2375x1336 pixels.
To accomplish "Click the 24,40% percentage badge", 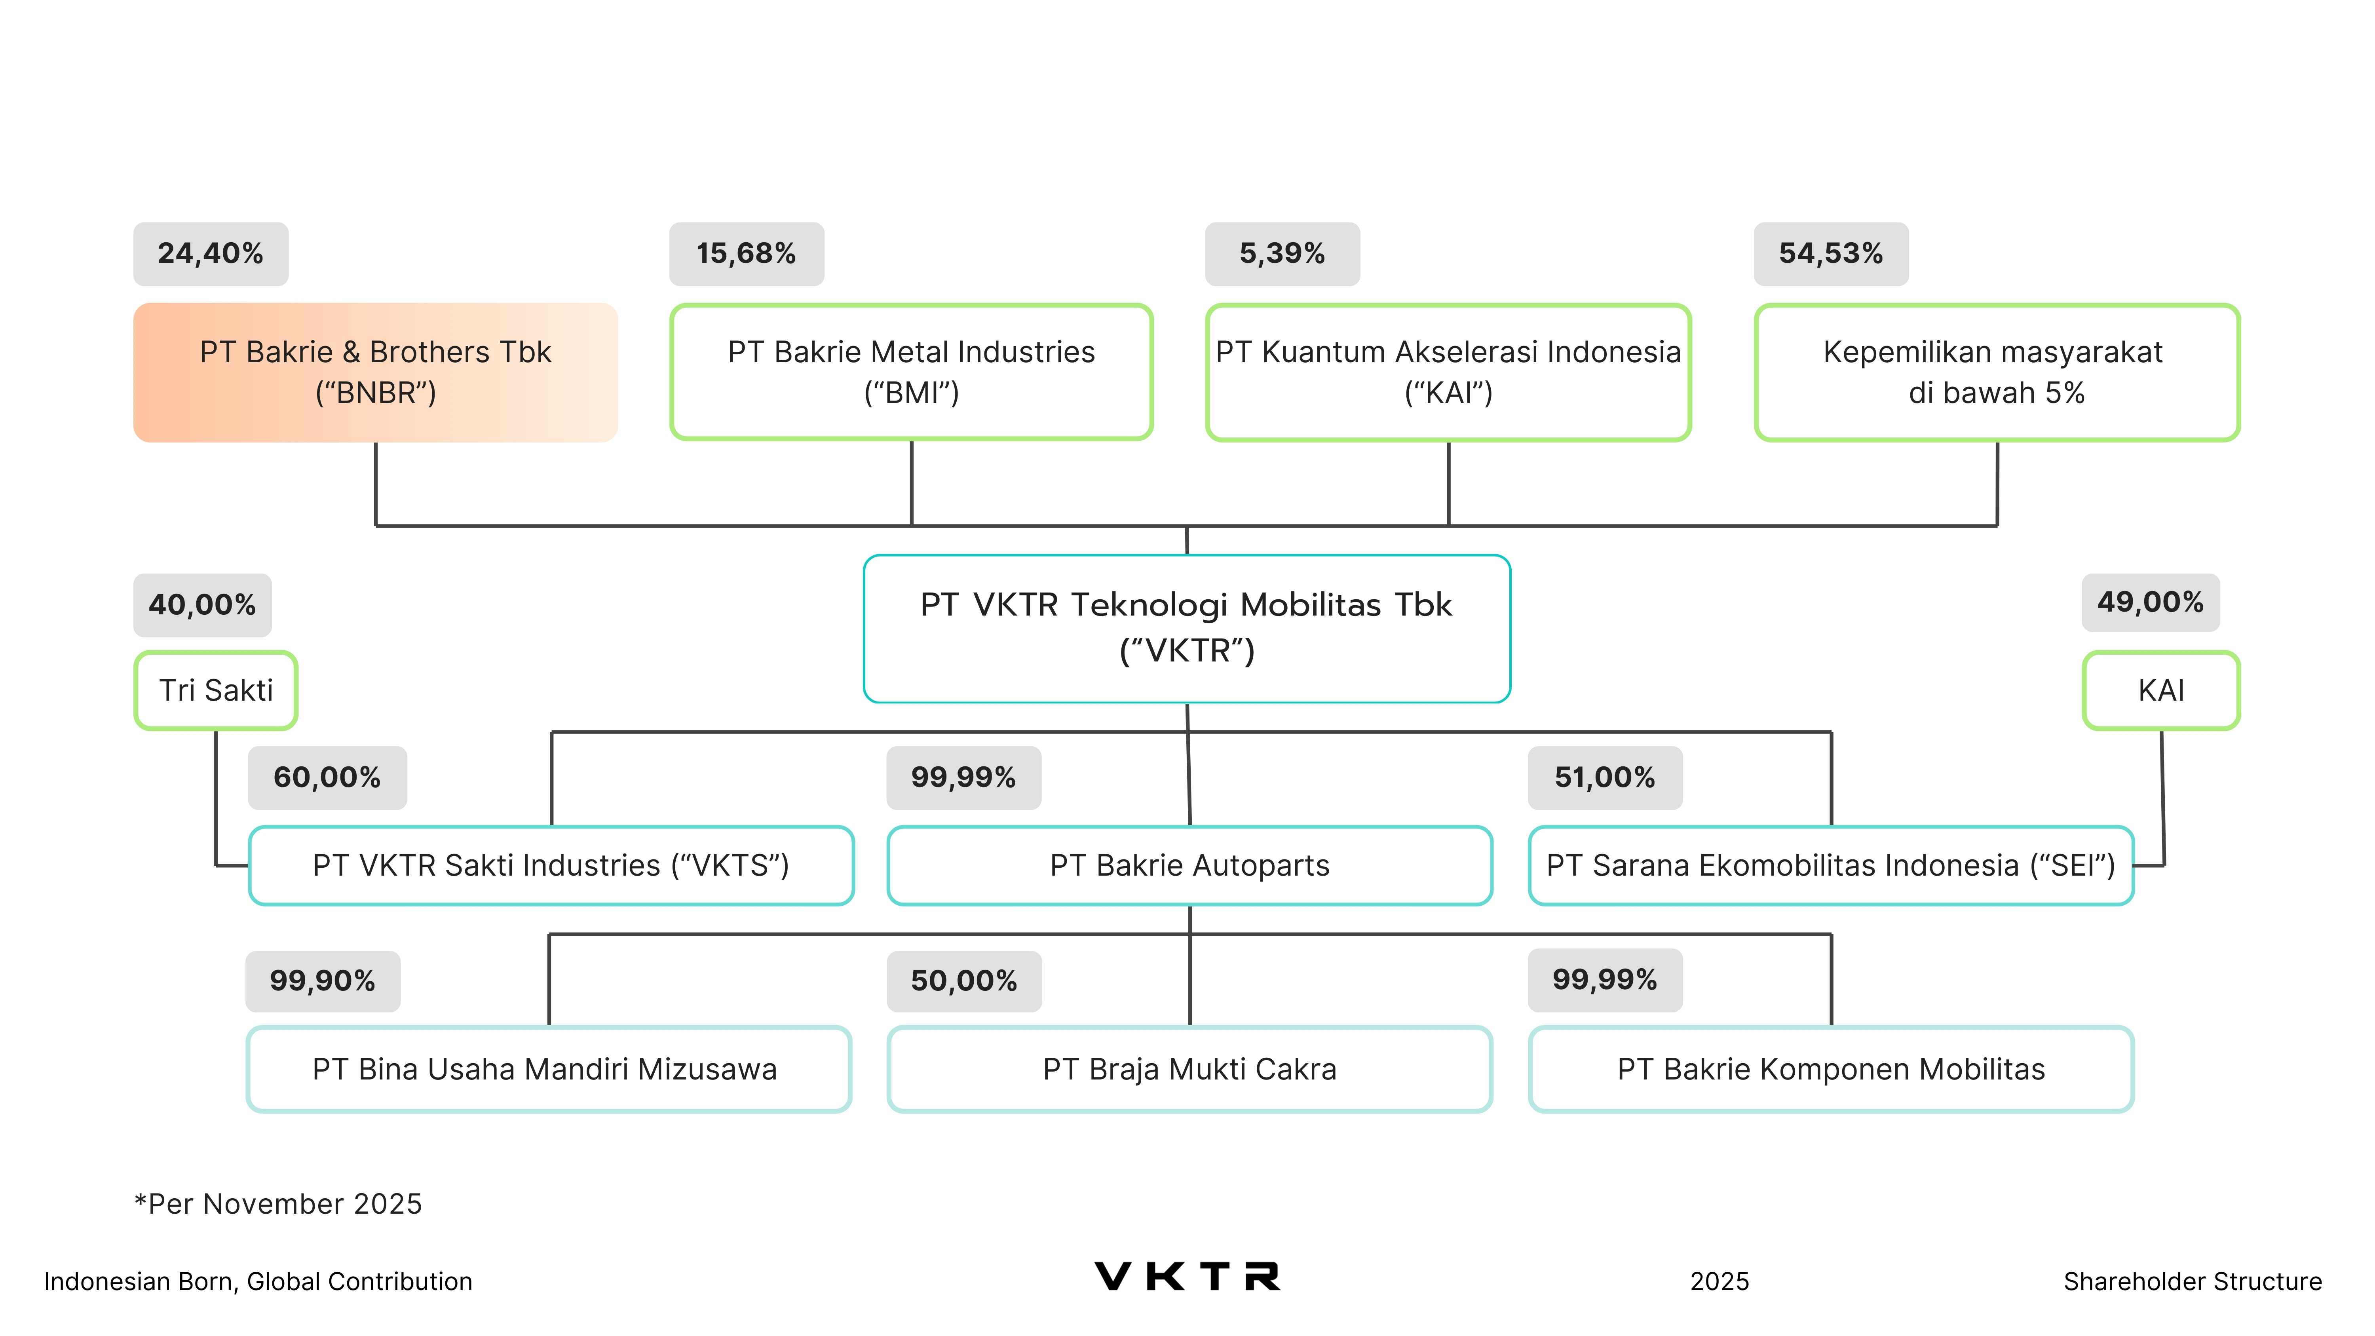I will [x=210, y=254].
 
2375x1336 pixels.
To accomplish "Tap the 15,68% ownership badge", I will [x=746, y=254].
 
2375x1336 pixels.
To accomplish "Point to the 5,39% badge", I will [x=1282, y=254].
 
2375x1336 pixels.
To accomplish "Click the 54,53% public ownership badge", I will [x=1830, y=254].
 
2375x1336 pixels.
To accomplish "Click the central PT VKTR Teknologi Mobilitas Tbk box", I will [x=1187, y=628].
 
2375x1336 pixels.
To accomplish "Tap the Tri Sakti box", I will [x=216, y=690].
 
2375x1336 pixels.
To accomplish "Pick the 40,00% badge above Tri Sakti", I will [x=202, y=605].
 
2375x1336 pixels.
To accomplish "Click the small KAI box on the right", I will [x=2160, y=690].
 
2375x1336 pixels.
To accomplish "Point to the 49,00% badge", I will [x=2150, y=602].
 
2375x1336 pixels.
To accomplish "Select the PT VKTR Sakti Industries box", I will [x=551, y=865].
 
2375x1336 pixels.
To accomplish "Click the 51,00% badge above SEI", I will [x=1604, y=777].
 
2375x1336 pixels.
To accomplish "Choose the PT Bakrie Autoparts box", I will [x=1189, y=865].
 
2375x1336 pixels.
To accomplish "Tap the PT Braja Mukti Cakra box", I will [x=1189, y=1069].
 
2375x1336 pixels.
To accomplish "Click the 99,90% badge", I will [x=322, y=980].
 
